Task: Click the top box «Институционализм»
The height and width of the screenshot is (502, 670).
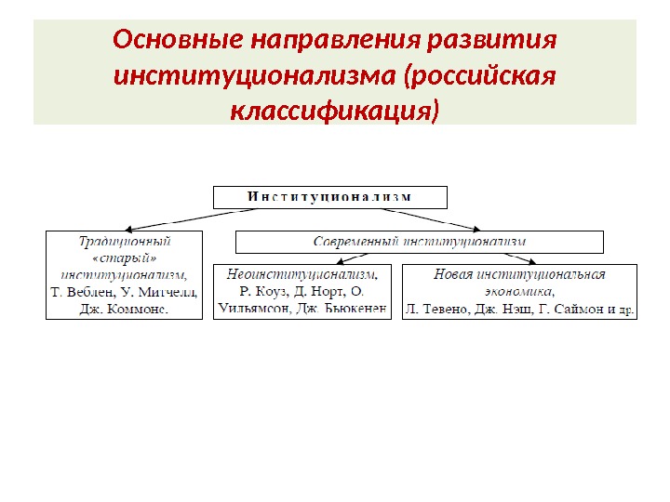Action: point(330,197)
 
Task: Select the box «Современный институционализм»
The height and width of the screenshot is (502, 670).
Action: point(420,243)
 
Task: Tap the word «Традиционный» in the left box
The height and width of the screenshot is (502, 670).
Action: point(124,241)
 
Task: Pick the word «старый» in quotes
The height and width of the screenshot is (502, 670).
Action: point(124,258)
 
